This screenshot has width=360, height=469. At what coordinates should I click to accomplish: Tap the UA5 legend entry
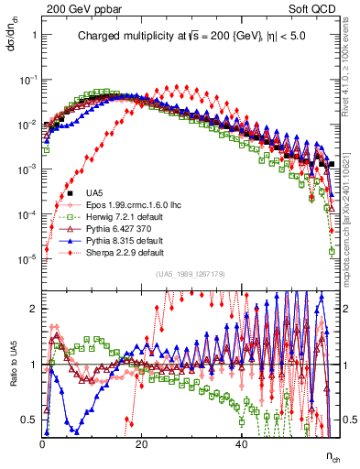click(94, 193)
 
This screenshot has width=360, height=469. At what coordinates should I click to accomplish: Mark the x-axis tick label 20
click(141, 443)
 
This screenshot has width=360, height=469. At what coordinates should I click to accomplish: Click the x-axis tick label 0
click(43, 443)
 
